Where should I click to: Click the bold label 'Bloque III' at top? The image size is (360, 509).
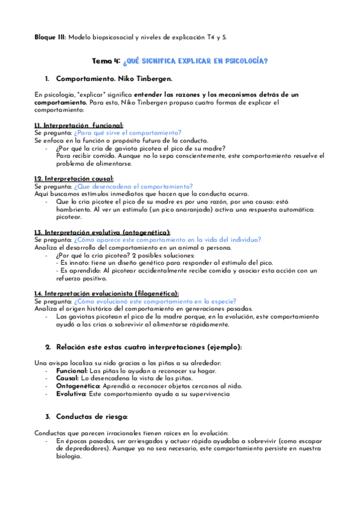click(x=50, y=37)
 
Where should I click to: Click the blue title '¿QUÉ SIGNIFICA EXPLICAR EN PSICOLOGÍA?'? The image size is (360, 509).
click(x=195, y=61)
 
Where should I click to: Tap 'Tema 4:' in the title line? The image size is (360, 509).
click(x=106, y=61)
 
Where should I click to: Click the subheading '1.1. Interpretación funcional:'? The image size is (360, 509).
click(x=70, y=125)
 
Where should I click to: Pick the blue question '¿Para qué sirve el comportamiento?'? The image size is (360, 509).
click(x=128, y=133)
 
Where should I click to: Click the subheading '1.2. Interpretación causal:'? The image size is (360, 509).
click(x=66, y=179)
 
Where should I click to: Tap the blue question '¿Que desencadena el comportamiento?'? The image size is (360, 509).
click(x=133, y=187)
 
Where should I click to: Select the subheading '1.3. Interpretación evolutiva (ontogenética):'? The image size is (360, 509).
click(x=103, y=232)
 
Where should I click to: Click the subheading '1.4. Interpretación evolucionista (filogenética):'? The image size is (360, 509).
click(x=107, y=294)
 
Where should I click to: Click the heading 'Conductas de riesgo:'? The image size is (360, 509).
click(x=92, y=417)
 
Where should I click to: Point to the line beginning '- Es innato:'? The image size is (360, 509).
click(x=162, y=263)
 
